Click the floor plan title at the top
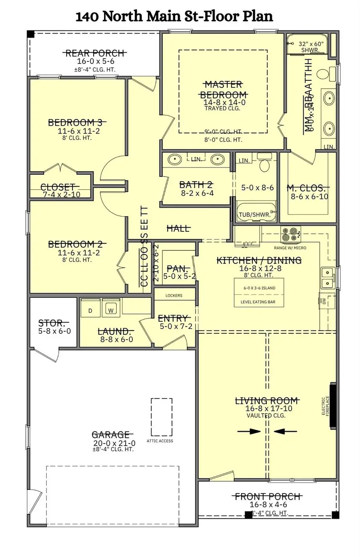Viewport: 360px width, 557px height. (174, 16)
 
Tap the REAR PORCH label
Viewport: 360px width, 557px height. (95, 53)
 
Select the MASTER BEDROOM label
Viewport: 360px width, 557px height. (223, 90)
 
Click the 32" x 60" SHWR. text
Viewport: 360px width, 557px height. (310, 47)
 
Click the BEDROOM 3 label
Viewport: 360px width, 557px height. (77, 122)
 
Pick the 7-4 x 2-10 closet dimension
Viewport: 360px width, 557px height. (61, 194)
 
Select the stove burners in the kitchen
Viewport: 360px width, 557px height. (291, 234)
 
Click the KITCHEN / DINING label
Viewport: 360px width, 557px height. (259, 260)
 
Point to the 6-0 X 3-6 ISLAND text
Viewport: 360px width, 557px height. (259, 288)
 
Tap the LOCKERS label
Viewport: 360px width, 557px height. (174, 295)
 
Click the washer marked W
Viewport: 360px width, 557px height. (111, 310)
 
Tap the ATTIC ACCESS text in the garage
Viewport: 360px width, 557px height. (160, 441)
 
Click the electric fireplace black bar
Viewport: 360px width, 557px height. (332, 407)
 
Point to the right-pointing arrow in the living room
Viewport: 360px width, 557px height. (249, 431)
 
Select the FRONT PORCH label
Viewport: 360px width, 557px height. (268, 497)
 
